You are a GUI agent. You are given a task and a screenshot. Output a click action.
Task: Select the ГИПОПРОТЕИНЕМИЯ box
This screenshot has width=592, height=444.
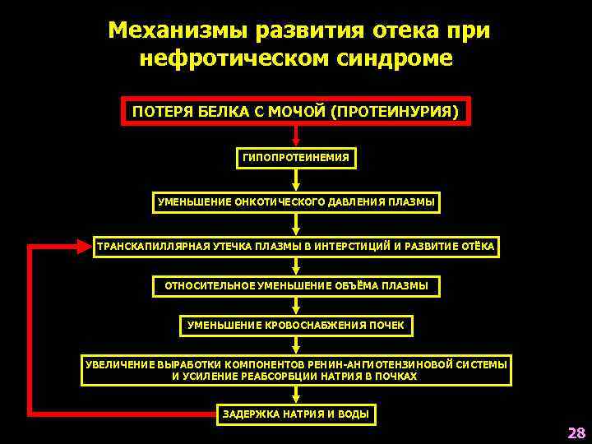296,157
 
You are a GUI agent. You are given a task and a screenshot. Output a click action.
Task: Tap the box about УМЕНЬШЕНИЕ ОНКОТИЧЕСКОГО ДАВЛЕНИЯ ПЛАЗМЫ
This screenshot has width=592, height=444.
296,202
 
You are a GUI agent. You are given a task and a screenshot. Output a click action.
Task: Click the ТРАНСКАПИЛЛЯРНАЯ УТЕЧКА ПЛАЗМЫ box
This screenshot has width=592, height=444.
296,246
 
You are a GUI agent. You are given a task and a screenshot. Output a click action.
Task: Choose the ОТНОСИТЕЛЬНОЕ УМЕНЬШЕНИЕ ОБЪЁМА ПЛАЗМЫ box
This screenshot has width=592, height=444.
296,286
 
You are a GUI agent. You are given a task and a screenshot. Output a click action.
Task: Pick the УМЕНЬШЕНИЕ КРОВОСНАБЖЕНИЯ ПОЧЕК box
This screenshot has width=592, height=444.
296,326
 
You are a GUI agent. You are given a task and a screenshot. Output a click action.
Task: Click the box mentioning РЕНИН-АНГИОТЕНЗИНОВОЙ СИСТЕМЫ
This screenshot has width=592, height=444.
296,370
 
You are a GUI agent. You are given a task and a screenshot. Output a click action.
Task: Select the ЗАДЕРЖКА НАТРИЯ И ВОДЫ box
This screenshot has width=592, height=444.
296,414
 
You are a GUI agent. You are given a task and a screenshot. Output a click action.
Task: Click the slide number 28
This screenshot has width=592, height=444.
576,432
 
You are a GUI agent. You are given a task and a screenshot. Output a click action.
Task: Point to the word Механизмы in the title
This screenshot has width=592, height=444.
178,31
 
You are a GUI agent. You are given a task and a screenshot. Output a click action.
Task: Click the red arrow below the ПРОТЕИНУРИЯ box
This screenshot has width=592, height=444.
296,136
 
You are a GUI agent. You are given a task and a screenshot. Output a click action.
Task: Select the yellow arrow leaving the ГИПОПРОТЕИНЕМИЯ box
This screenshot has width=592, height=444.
296,181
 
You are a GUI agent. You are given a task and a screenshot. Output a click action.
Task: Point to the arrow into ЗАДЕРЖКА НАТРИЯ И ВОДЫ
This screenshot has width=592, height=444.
296,395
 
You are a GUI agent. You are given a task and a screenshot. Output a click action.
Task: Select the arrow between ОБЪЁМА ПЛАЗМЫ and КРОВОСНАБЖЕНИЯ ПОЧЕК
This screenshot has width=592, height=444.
296,306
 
